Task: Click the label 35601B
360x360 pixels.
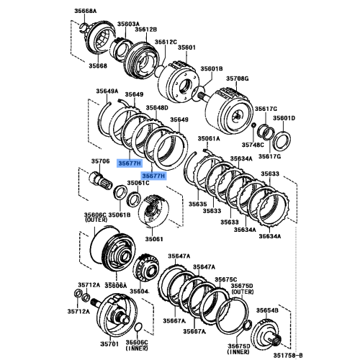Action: pyautogui.click(x=212, y=68)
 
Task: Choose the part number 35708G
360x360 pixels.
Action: pyautogui.click(x=237, y=77)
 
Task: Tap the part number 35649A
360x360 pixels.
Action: pyautogui.click(x=107, y=91)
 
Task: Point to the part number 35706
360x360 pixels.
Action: pyautogui.click(x=99, y=161)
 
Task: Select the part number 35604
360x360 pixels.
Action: pyautogui.click(x=139, y=291)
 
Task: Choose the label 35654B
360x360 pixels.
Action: pyautogui.click(x=267, y=310)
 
